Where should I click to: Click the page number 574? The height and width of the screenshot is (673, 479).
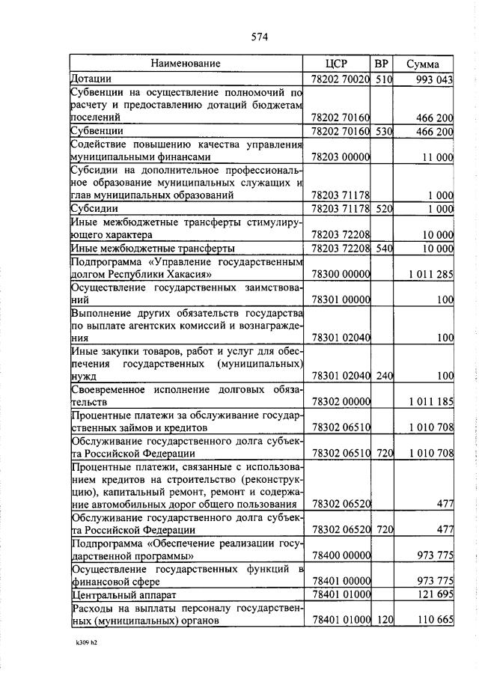coord(260,37)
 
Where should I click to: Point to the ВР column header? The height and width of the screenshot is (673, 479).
coord(382,64)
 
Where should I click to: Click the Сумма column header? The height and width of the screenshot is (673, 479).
coord(423,64)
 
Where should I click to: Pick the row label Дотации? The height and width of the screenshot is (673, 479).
coord(91,78)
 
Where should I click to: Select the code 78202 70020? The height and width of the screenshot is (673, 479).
coord(341,79)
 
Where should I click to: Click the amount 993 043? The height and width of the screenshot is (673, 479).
coord(435,79)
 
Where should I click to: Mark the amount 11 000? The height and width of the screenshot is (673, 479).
coord(438,157)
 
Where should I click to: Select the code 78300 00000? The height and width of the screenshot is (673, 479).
coord(341,274)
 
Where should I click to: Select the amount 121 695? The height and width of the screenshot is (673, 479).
coord(435,595)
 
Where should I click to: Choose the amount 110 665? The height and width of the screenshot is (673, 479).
coord(435,621)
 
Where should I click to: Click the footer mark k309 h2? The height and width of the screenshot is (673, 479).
coord(85,642)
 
